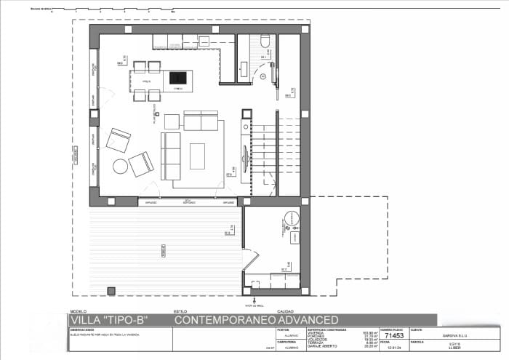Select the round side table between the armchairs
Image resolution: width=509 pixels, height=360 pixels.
(120, 167)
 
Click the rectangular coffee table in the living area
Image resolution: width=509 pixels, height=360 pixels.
(198, 156)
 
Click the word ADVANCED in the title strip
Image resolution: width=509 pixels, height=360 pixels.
(308, 319)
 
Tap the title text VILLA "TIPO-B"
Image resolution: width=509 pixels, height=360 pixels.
(108, 319)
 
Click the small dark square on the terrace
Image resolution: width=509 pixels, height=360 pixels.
(111, 291)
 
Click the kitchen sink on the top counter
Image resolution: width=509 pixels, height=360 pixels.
(175, 42)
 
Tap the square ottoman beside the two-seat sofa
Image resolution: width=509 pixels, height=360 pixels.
(172, 121)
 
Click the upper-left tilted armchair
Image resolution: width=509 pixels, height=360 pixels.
(118, 140)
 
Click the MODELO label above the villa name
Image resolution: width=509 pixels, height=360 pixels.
(76, 311)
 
